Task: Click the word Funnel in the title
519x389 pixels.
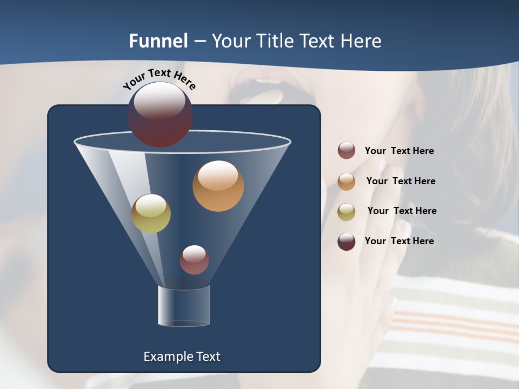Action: point(158,41)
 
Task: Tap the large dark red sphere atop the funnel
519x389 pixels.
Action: point(160,115)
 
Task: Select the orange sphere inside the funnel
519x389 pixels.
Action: point(218,186)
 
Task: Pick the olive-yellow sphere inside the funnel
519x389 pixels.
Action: point(151,213)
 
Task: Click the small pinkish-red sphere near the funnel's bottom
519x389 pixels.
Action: point(194,260)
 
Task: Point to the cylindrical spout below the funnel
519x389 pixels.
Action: point(184,306)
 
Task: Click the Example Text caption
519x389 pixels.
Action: point(182,357)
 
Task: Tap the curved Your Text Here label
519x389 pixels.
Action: point(159,79)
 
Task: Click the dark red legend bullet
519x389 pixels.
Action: point(347,151)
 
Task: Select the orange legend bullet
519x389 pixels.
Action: point(347,181)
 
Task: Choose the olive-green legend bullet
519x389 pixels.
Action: point(347,211)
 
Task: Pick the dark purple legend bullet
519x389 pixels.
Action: point(347,242)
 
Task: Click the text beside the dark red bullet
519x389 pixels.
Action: point(399,151)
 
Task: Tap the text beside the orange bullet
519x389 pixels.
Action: point(401,181)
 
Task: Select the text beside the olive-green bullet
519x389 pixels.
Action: point(402,211)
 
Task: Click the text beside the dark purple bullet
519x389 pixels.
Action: point(399,241)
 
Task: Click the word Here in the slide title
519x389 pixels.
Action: point(361,41)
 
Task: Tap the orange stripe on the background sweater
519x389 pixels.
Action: point(454,324)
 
